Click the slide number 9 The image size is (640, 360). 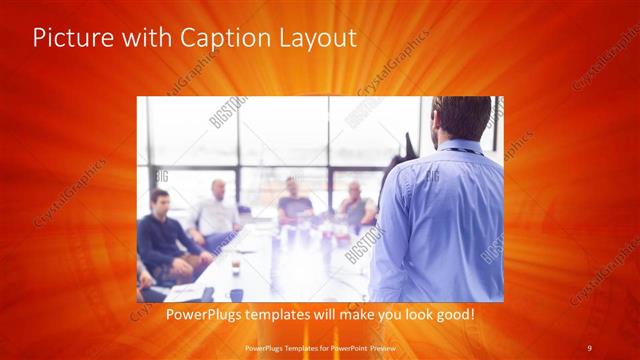click(x=590, y=347)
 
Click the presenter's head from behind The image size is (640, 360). click(x=460, y=120)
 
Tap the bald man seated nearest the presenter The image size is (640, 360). click(x=355, y=205)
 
